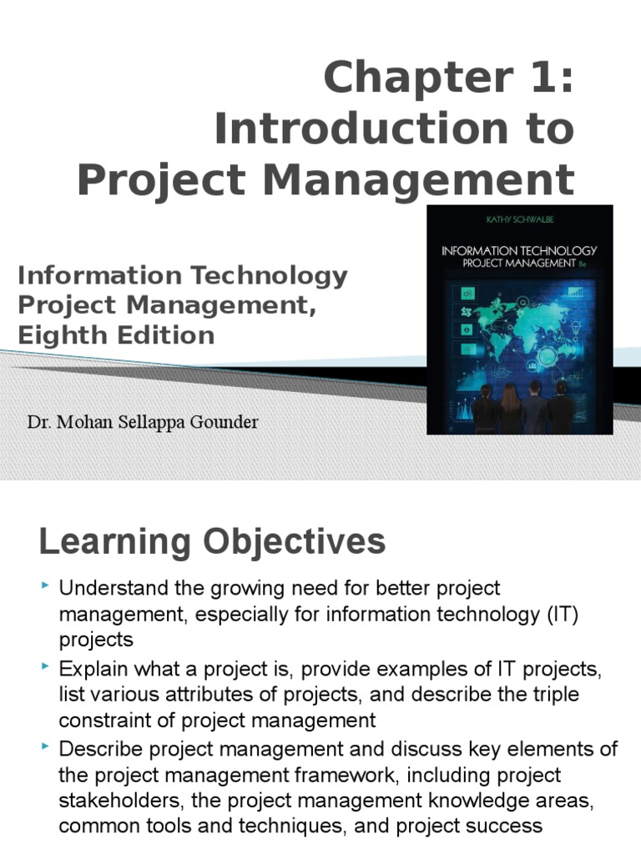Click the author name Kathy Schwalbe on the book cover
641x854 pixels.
click(x=519, y=219)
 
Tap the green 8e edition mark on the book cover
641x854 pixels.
click(x=582, y=264)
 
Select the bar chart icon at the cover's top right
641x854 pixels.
click(x=576, y=293)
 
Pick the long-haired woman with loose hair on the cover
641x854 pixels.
click(x=510, y=409)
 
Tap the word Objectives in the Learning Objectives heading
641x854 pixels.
click(x=295, y=542)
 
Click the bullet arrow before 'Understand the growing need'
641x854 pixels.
click(x=45, y=585)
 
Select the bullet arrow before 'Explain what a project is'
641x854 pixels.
click(x=45, y=666)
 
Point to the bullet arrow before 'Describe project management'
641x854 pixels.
click(x=45, y=746)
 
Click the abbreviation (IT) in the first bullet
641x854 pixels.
click(x=563, y=615)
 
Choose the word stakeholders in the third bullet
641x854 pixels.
click(x=122, y=801)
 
